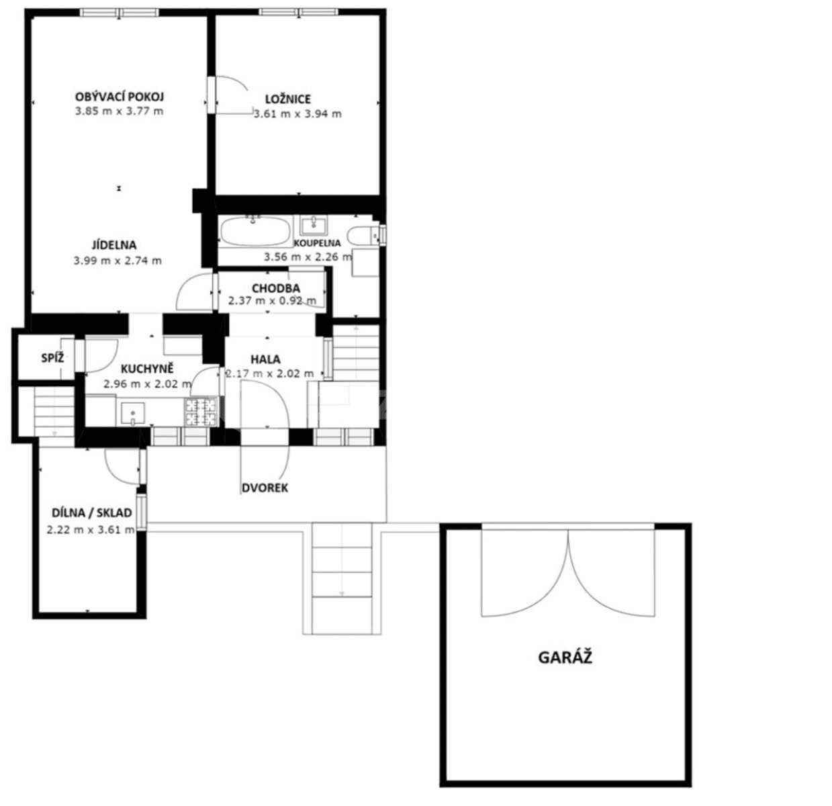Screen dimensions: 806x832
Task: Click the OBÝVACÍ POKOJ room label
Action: point(120,97)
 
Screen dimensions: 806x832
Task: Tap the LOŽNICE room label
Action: point(287,99)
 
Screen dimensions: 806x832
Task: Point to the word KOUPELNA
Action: point(317,243)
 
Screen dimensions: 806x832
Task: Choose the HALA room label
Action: point(265,359)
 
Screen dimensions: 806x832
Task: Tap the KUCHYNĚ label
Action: point(147,369)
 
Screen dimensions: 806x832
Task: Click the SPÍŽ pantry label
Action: point(52,358)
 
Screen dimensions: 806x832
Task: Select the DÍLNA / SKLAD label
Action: point(91,513)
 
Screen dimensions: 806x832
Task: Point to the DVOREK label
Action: point(265,488)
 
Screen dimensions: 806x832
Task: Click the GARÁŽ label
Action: point(565,657)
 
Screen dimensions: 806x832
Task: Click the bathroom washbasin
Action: point(312,224)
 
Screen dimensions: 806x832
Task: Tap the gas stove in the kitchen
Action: point(200,411)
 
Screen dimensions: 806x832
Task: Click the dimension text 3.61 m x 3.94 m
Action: point(297,114)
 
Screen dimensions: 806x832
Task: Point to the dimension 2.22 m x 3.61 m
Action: point(91,529)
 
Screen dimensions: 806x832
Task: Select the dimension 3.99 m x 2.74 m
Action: point(118,261)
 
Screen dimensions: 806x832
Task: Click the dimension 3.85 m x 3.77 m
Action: point(119,111)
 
